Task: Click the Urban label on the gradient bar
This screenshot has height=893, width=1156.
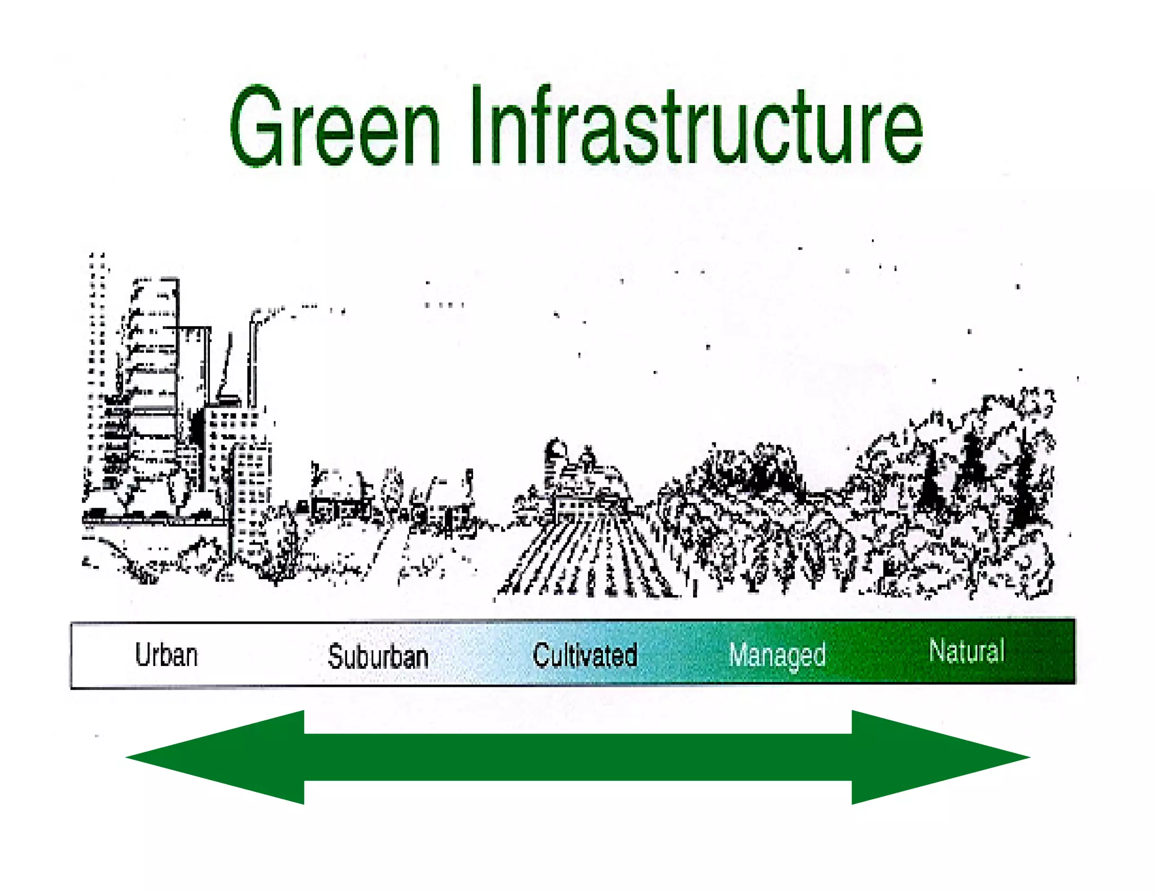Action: [167, 655]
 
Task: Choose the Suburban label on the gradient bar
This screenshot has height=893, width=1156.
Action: [378, 656]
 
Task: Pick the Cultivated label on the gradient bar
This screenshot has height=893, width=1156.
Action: [585, 655]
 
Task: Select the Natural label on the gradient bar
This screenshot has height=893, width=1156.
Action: [966, 650]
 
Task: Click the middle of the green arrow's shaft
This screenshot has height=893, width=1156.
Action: [578, 757]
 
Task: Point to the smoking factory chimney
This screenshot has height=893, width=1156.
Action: [253, 361]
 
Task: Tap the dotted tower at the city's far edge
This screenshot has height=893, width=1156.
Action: [97, 367]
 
